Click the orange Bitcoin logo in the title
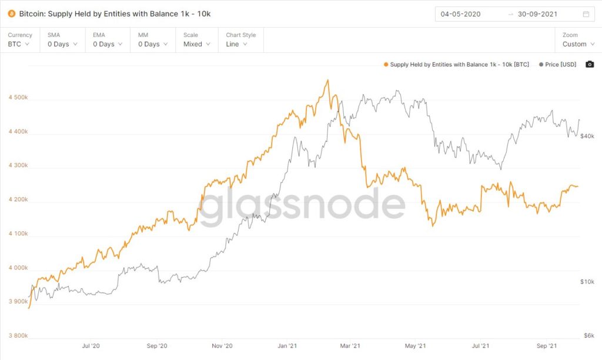[11, 14]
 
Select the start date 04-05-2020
[460, 14]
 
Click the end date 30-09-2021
[537, 14]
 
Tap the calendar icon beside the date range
[586, 14]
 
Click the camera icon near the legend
[590, 64]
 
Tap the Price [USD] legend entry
[558, 65]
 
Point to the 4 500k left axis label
[18, 97]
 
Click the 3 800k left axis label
[18, 336]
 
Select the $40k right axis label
[587, 136]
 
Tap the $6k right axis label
[588, 335]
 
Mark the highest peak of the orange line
[327, 80]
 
